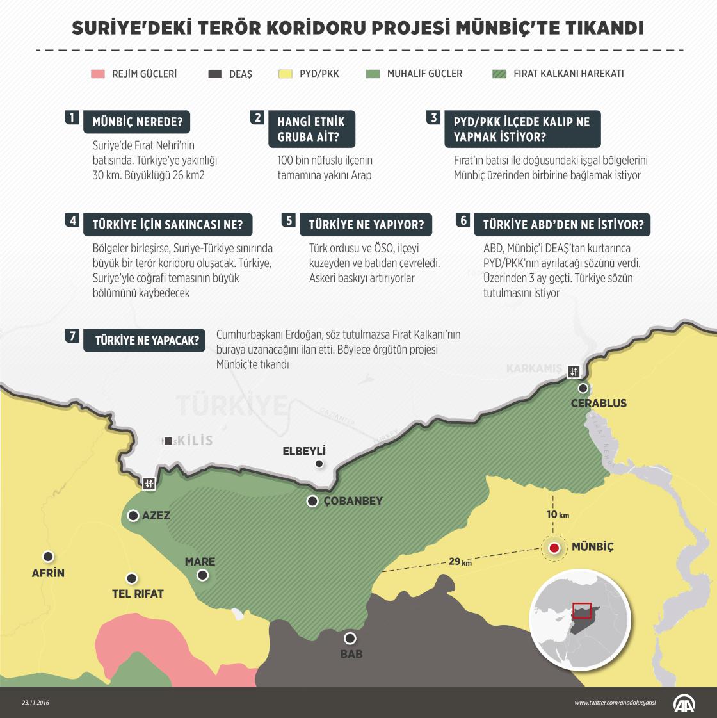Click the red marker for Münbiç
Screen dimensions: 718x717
point(554,548)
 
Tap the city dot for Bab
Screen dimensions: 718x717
point(350,638)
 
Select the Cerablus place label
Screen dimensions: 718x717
point(598,404)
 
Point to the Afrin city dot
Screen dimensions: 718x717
point(48,557)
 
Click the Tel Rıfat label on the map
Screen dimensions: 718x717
point(138,594)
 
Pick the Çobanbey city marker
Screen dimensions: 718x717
point(312,502)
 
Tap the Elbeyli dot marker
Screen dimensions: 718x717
point(319,464)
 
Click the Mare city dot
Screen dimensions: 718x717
point(202,575)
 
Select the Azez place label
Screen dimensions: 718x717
point(156,516)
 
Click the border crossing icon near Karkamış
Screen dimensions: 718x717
point(573,371)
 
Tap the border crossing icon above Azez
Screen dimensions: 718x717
point(149,484)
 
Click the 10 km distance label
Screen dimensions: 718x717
point(558,514)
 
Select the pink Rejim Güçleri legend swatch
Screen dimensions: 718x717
point(97,74)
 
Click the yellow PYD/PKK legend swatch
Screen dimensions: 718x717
point(286,74)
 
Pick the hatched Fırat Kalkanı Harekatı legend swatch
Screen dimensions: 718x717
point(499,74)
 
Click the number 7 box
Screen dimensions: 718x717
point(72,336)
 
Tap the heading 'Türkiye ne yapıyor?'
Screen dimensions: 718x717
point(366,225)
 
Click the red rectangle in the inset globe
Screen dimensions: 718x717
point(582,610)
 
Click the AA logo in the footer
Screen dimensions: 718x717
point(683,703)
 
